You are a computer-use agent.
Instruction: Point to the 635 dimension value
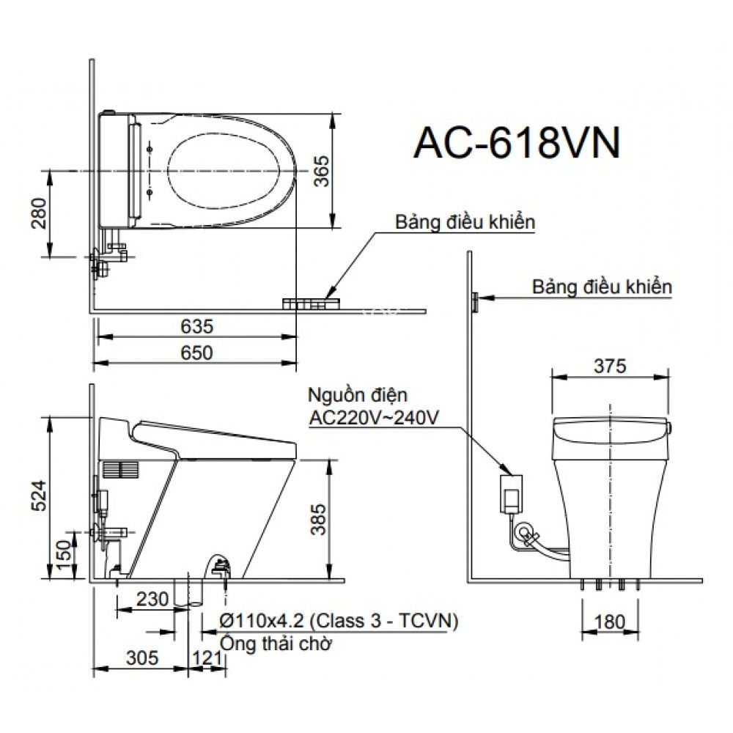coord(196,325)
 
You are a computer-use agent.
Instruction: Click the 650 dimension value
coord(196,353)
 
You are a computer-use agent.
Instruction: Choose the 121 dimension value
coord(208,658)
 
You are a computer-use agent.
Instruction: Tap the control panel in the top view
coord(311,303)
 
